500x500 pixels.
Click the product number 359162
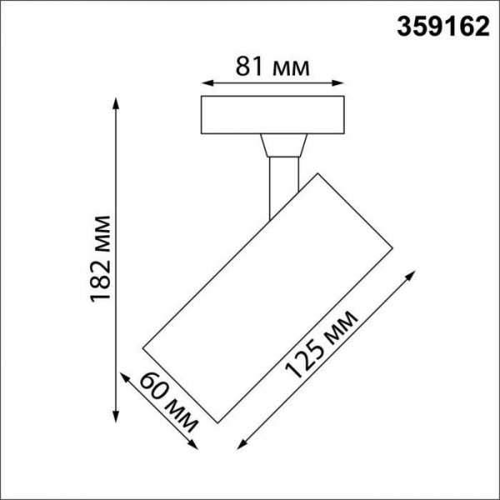(x=439, y=26)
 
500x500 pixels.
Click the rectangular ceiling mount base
(x=273, y=116)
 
